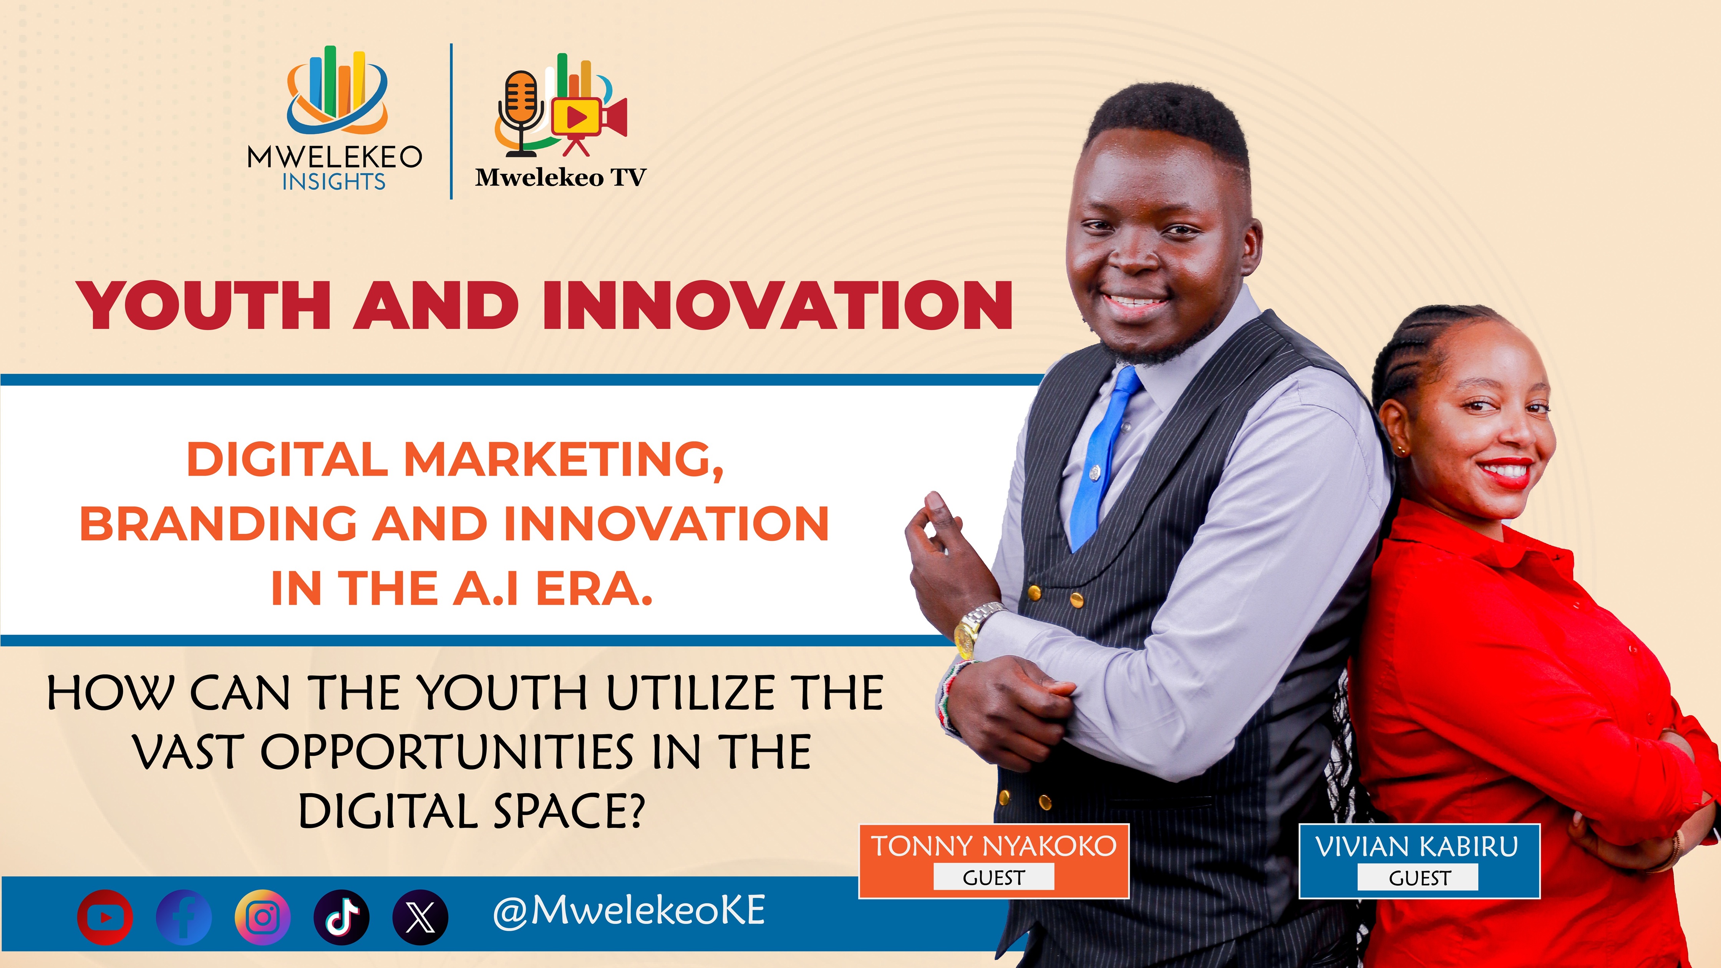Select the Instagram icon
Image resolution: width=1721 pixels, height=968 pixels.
pos(262,917)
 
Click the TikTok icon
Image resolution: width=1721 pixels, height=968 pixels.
pos(342,917)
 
